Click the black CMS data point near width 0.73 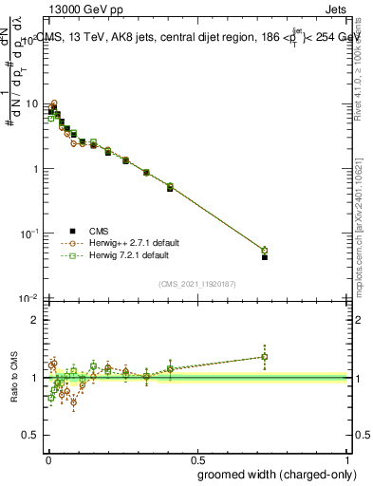point(265,257)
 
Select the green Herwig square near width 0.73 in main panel point(265,251)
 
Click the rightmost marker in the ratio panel point(265,357)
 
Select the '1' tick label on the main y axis point(36,169)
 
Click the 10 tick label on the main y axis point(33,103)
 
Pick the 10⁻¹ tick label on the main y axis point(30,234)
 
